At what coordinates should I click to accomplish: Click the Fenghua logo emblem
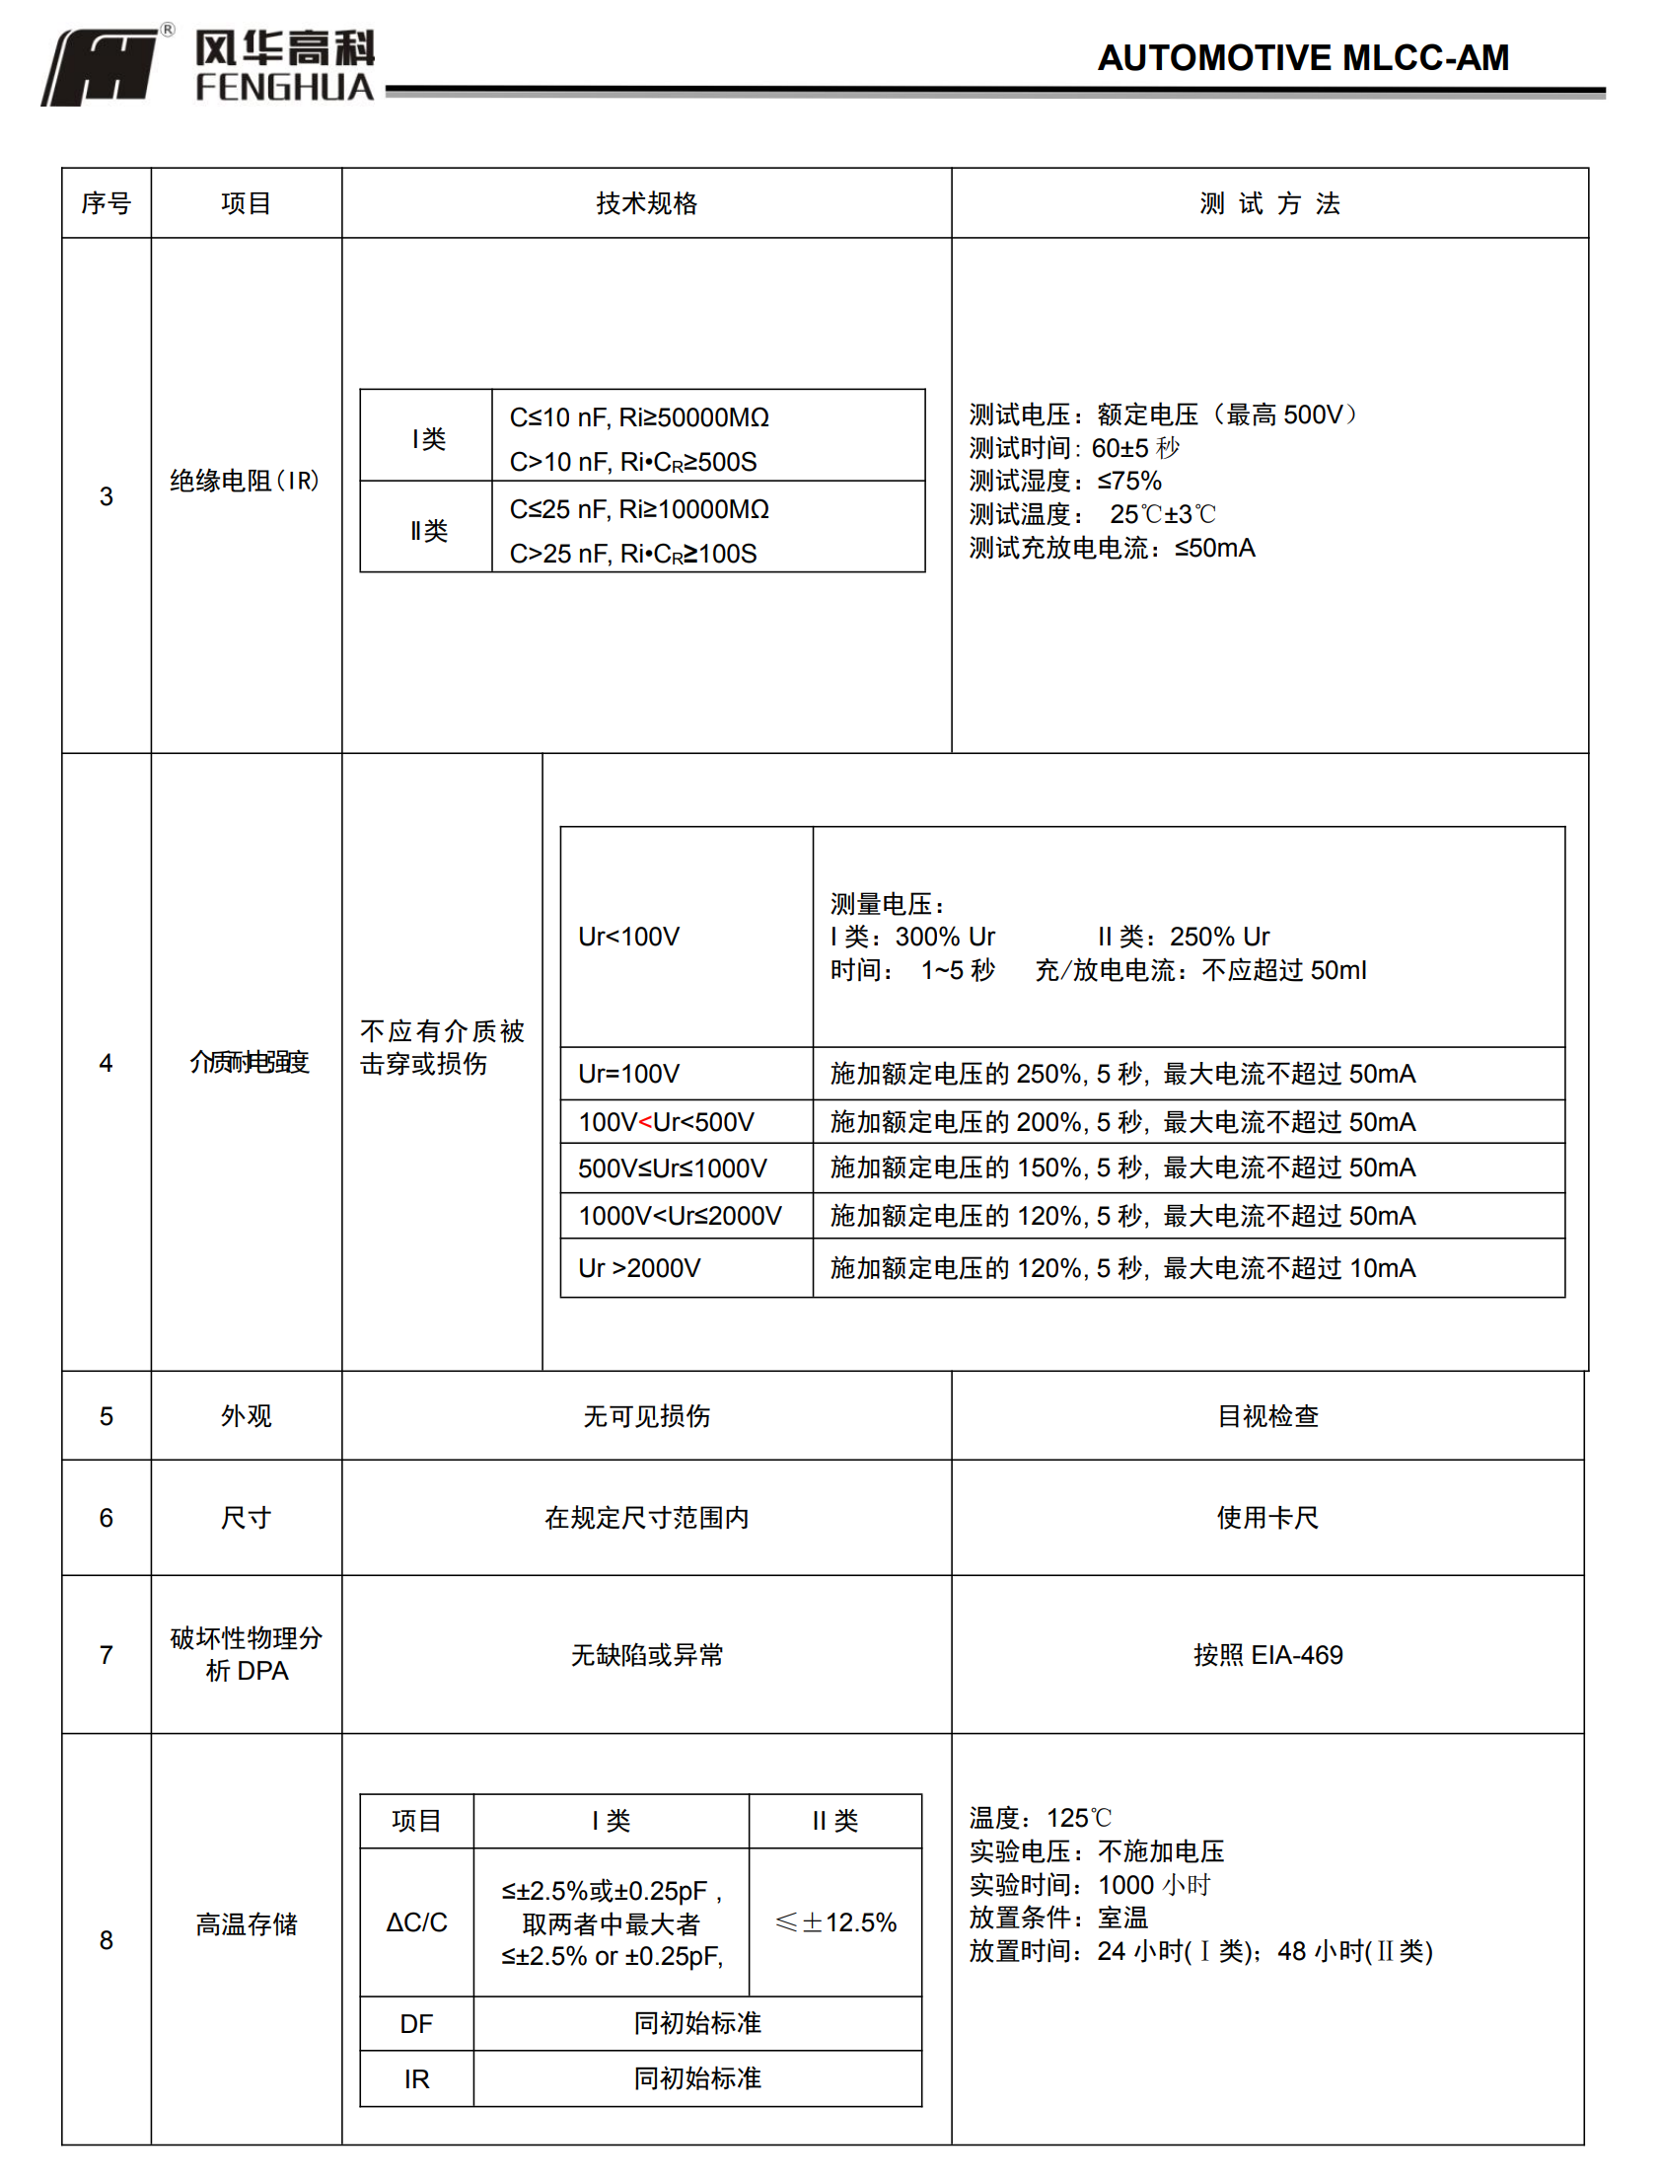(x=101, y=65)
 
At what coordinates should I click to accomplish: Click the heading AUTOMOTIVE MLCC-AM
(x=1302, y=57)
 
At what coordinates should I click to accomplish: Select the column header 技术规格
(x=647, y=203)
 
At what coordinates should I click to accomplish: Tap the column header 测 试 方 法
(x=1269, y=203)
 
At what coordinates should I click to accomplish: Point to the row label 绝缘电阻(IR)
(x=245, y=482)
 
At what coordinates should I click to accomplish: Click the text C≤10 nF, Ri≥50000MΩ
(x=639, y=417)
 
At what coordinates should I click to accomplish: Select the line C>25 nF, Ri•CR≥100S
(x=633, y=554)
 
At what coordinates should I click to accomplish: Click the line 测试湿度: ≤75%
(x=1065, y=482)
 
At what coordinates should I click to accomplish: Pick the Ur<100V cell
(x=629, y=937)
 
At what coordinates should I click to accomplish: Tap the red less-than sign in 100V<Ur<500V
(x=646, y=1123)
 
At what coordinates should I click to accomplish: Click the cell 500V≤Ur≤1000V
(x=673, y=1168)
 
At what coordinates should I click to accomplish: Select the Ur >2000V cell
(x=639, y=1268)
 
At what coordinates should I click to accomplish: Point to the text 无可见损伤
(x=647, y=1416)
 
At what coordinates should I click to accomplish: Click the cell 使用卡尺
(x=1267, y=1517)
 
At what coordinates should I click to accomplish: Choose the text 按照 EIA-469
(x=1267, y=1655)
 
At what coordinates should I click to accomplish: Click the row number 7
(x=106, y=1655)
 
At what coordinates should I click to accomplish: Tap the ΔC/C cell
(x=416, y=1921)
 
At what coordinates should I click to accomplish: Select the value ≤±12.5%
(x=835, y=1921)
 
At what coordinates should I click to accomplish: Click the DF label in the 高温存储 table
(x=416, y=2024)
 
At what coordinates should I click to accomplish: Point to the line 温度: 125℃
(x=1041, y=1818)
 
